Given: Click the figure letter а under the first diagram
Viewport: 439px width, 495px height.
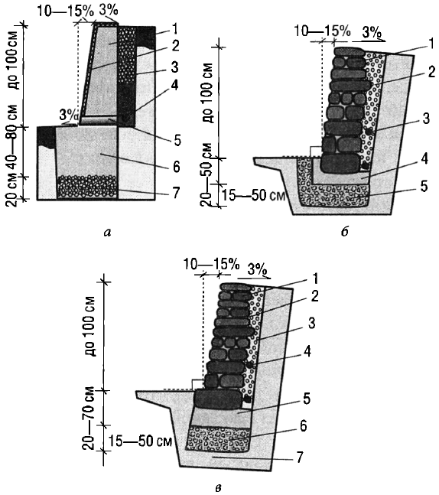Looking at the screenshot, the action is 107,233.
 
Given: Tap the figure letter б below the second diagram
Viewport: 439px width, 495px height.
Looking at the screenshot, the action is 345,232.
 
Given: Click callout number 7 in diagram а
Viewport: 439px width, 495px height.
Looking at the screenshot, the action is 176,192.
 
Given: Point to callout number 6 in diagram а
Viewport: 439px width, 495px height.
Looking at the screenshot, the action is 177,166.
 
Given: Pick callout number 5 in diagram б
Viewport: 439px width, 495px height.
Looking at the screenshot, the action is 424,186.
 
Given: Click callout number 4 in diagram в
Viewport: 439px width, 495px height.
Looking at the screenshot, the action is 307,350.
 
